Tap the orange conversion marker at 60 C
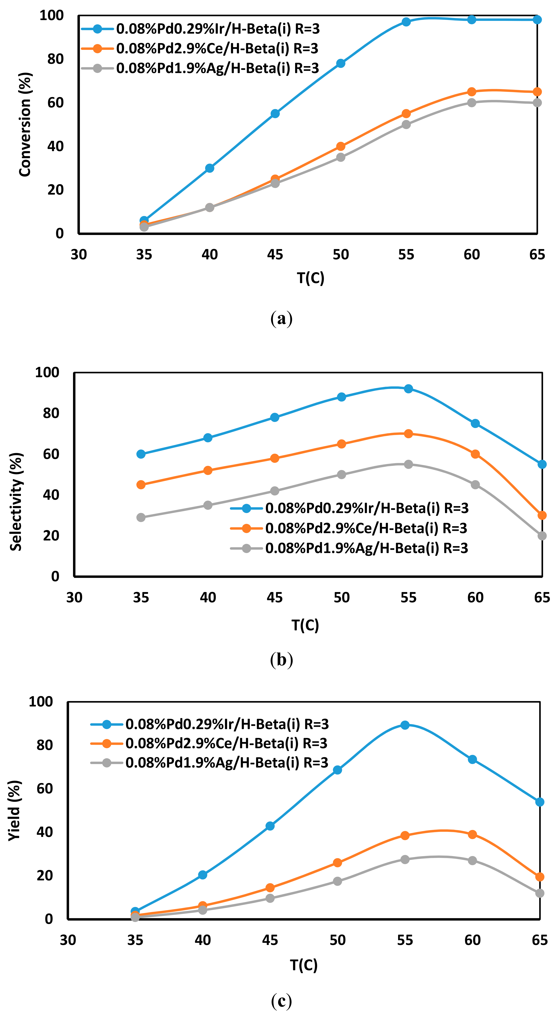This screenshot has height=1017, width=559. [x=471, y=92]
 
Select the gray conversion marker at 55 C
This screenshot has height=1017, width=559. [x=406, y=124]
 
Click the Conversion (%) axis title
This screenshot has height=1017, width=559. [x=25, y=124]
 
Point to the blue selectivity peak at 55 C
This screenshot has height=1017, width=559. [x=408, y=388]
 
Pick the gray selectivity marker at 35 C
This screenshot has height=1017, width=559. [x=141, y=517]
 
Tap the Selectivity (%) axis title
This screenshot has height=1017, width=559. [x=16, y=501]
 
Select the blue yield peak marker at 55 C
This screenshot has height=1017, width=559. [x=405, y=725]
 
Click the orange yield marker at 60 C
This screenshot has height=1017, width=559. [x=472, y=834]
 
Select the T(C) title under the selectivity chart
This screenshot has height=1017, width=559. [x=305, y=625]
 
